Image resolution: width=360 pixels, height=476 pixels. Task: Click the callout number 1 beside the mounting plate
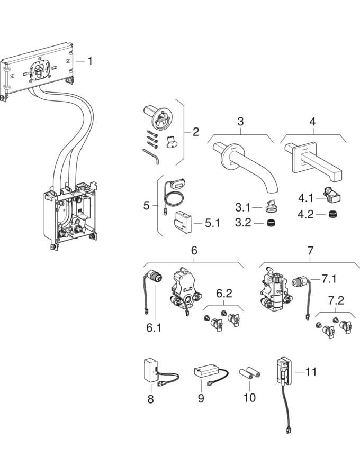coord(89,61)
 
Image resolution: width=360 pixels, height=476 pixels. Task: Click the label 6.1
coord(153,328)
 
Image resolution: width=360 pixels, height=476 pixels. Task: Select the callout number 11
coord(311,372)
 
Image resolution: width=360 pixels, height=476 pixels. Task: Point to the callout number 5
coord(147,205)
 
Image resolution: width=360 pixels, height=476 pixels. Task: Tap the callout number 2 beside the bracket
coord(195,131)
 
